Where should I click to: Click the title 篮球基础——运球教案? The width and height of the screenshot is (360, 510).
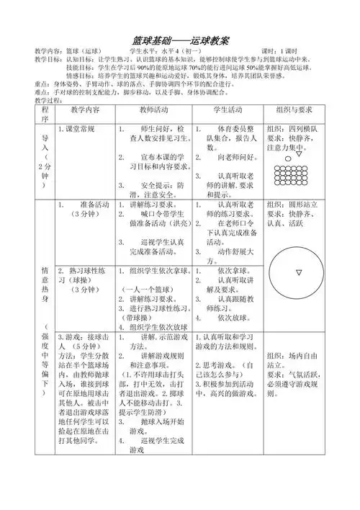point(180,37)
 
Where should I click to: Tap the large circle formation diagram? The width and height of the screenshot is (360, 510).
point(298,272)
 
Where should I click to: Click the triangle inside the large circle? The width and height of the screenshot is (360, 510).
point(298,272)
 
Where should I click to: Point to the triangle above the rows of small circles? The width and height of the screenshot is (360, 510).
point(298,153)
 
